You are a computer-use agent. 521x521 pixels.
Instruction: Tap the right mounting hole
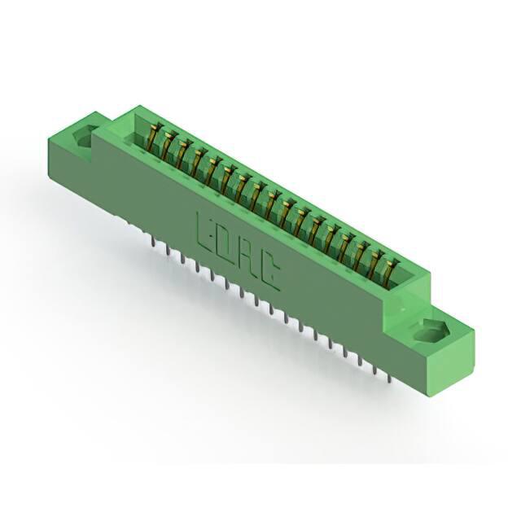click(429, 331)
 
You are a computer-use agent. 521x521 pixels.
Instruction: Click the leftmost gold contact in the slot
click(154, 136)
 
